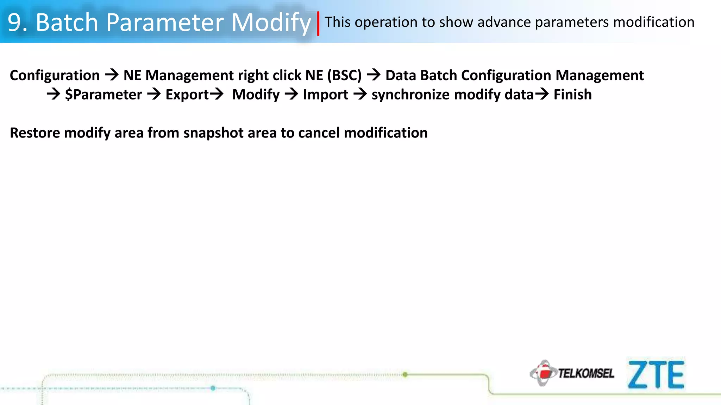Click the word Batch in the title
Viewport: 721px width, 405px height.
pyautogui.click(x=67, y=22)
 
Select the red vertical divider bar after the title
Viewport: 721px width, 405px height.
pyautogui.click(x=318, y=24)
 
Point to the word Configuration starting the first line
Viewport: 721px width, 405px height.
pyautogui.click(x=55, y=75)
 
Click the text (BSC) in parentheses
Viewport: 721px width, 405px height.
pyautogui.click(x=344, y=75)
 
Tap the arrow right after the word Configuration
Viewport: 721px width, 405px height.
pyautogui.click(x=112, y=75)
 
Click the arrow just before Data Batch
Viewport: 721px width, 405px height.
pyautogui.click(x=374, y=75)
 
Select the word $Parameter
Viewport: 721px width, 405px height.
pyautogui.click(x=104, y=95)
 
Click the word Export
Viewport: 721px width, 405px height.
pyautogui.click(x=187, y=95)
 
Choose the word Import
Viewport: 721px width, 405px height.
pyautogui.click(x=326, y=95)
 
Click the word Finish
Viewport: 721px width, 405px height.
pyautogui.click(x=572, y=95)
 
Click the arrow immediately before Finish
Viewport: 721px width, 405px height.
pyautogui.click(x=542, y=94)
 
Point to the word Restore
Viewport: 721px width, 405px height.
pyautogui.click(x=35, y=133)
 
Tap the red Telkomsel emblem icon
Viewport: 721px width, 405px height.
pyautogui.click(x=544, y=373)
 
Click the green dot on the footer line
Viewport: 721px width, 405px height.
pyautogui.click(x=405, y=374)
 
